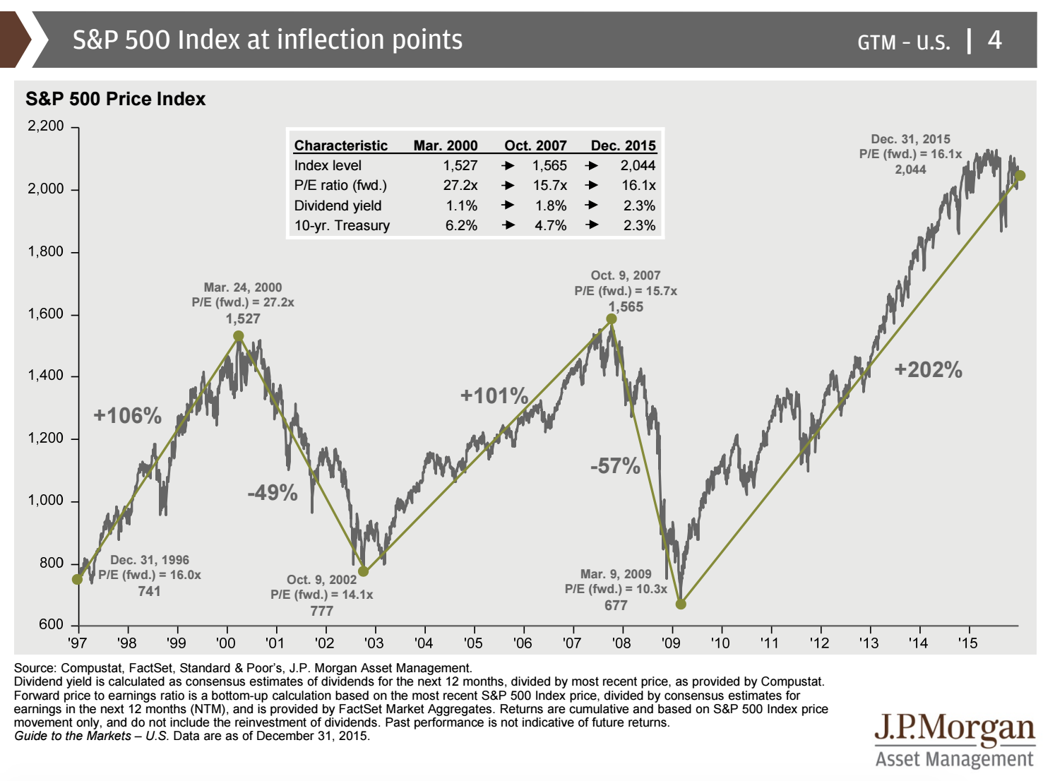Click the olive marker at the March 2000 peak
[x=239, y=336]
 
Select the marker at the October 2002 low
[x=364, y=571]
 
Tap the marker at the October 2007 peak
[x=612, y=319]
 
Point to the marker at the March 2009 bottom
[x=681, y=604]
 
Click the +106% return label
[x=128, y=415]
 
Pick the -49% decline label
[x=273, y=492]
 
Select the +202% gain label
[x=928, y=369]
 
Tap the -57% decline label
[x=615, y=466]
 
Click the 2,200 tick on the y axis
[x=45, y=126]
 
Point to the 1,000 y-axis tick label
[x=45, y=501]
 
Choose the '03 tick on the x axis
[x=374, y=643]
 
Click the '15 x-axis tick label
[x=967, y=643]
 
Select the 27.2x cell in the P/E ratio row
[x=460, y=185]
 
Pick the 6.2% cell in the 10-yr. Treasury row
[x=461, y=225]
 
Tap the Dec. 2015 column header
[x=623, y=145]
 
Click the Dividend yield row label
[x=338, y=205]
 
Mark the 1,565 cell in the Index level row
[x=549, y=165]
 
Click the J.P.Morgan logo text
[x=955, y=728]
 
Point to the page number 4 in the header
[x=994, y=40]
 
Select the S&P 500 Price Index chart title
[x=115, y=99]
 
